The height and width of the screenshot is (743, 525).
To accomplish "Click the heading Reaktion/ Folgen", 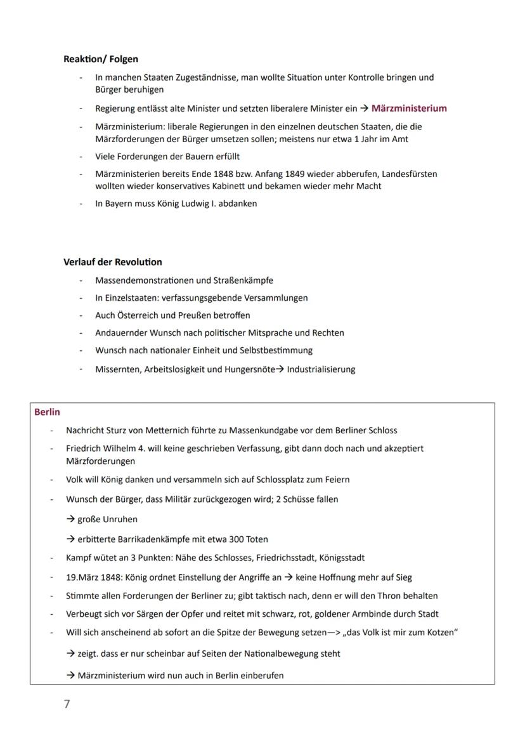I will point(101,59).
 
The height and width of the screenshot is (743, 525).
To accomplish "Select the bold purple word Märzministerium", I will point(409,108).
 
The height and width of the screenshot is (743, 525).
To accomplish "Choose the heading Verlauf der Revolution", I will point(112,262).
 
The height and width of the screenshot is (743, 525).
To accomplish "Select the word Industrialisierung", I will point(321,369).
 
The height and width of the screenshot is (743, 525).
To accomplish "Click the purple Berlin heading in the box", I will point(48,412).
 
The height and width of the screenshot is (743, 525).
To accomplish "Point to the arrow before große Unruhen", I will point(70,519).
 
